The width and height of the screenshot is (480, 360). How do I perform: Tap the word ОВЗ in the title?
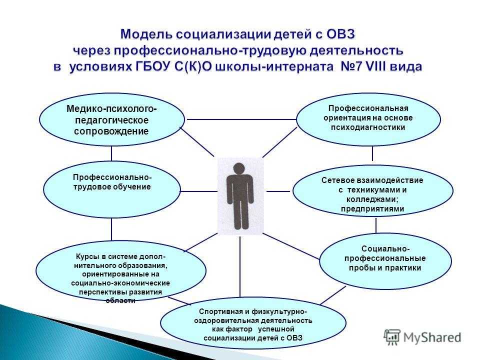point(340,34)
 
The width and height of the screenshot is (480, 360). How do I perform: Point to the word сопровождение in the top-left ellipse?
point(111,131)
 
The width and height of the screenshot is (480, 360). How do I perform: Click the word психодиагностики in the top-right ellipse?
point(368,127)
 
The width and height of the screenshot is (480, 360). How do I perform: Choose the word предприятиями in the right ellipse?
point(372,209)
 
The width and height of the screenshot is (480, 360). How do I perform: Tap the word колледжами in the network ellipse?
point(371,199)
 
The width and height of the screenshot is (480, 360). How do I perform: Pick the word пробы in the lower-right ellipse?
point(359,268)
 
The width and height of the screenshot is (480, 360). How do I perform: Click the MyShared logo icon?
point(392,337)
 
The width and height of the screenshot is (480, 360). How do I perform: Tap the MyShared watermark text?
point(432,337)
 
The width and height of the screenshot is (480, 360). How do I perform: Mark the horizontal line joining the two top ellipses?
point(242,119)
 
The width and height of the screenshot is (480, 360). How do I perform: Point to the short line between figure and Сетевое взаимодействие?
point(278,191)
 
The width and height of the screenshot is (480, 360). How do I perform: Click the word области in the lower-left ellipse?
point(120,300)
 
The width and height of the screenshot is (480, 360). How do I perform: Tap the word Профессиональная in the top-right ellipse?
point(368,108)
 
